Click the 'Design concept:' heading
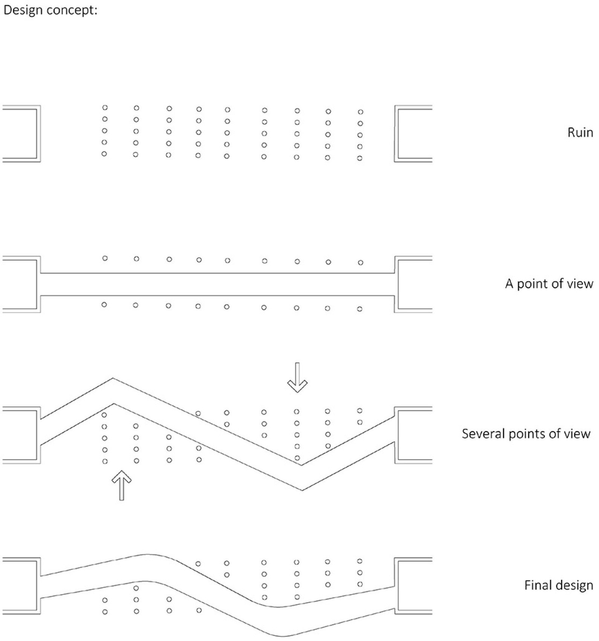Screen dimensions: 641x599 50,10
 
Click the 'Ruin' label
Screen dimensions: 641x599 580,133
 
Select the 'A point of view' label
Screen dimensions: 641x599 549,284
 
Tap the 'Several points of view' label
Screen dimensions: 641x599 526,434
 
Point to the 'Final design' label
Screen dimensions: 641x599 559,585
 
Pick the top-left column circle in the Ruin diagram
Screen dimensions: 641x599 105,108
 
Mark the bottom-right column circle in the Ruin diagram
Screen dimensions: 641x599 360,158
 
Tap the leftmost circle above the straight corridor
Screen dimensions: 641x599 105,258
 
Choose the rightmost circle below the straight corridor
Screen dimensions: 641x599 360,309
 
